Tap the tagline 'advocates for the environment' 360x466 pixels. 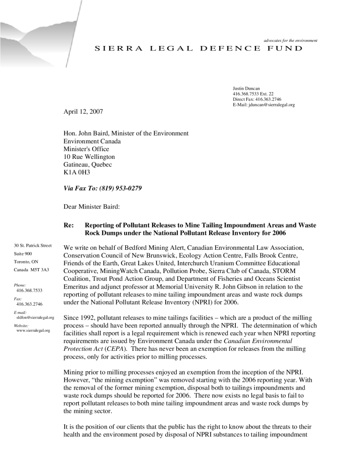click(x=290, y=41)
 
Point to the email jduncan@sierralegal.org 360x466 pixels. click(x=264, y=105)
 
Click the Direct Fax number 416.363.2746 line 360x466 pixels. click(x=257, y=99)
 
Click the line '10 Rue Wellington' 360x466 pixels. click(x=89, y=157)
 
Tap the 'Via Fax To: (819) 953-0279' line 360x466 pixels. click(x=103, y=188)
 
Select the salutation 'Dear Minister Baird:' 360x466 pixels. click(x=91, y=207)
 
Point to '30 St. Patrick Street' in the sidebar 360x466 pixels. click(x=33, y=246)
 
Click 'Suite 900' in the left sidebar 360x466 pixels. click(x=23, y=253)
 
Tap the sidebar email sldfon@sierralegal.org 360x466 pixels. click(x=35, y=317)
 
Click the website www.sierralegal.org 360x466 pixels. click(x=33, y=330)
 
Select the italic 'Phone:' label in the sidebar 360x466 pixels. click(x=20, y=285)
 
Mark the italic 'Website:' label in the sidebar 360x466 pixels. click(x=21, y=325)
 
